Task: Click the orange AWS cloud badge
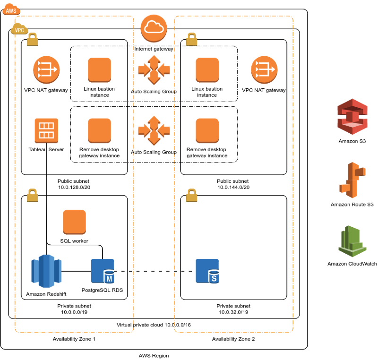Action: (x=11, y=9)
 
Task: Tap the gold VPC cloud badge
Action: (x=19, y=29)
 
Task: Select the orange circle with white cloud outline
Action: (x=154, y=28)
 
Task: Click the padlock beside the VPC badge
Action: (x=32, y=39)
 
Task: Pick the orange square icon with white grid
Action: (x=46, y=130)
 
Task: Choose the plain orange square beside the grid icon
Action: (x=99, y=130)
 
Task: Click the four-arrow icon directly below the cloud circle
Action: (x=154, y=69)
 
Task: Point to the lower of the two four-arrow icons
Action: (x=154, y=130)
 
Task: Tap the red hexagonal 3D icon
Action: (x=352, y=116)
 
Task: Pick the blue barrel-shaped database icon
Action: (x=46, y=271)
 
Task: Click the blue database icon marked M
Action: (x=103, y=271)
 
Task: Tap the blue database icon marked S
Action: (x=207, y=271)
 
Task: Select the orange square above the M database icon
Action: (x=74, y=222)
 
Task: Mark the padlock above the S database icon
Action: (x=191, y=195)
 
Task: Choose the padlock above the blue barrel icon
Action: (x=32, y=195)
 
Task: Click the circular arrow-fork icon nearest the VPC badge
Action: (x=46, y=69)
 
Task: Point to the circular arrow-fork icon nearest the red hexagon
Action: (x=264, y=69)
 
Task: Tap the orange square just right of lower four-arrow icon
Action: (x=207, y=130)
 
